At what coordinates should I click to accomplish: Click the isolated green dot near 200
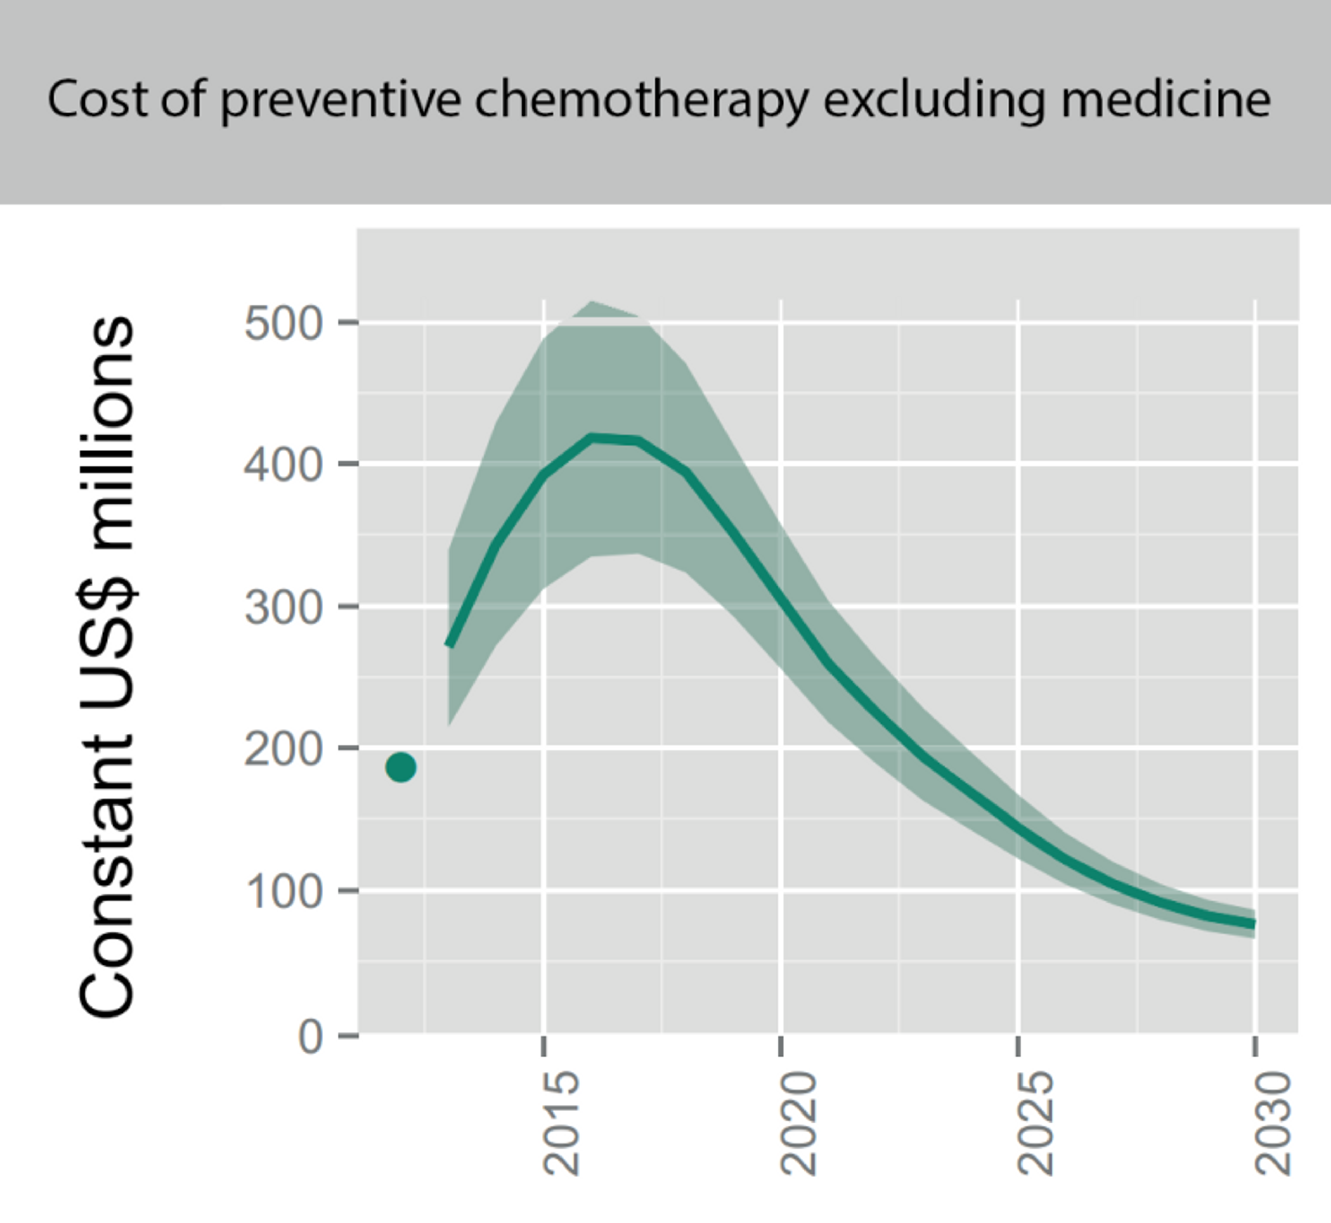pos(401,767)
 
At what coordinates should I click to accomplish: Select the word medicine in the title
pos(1165,99)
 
